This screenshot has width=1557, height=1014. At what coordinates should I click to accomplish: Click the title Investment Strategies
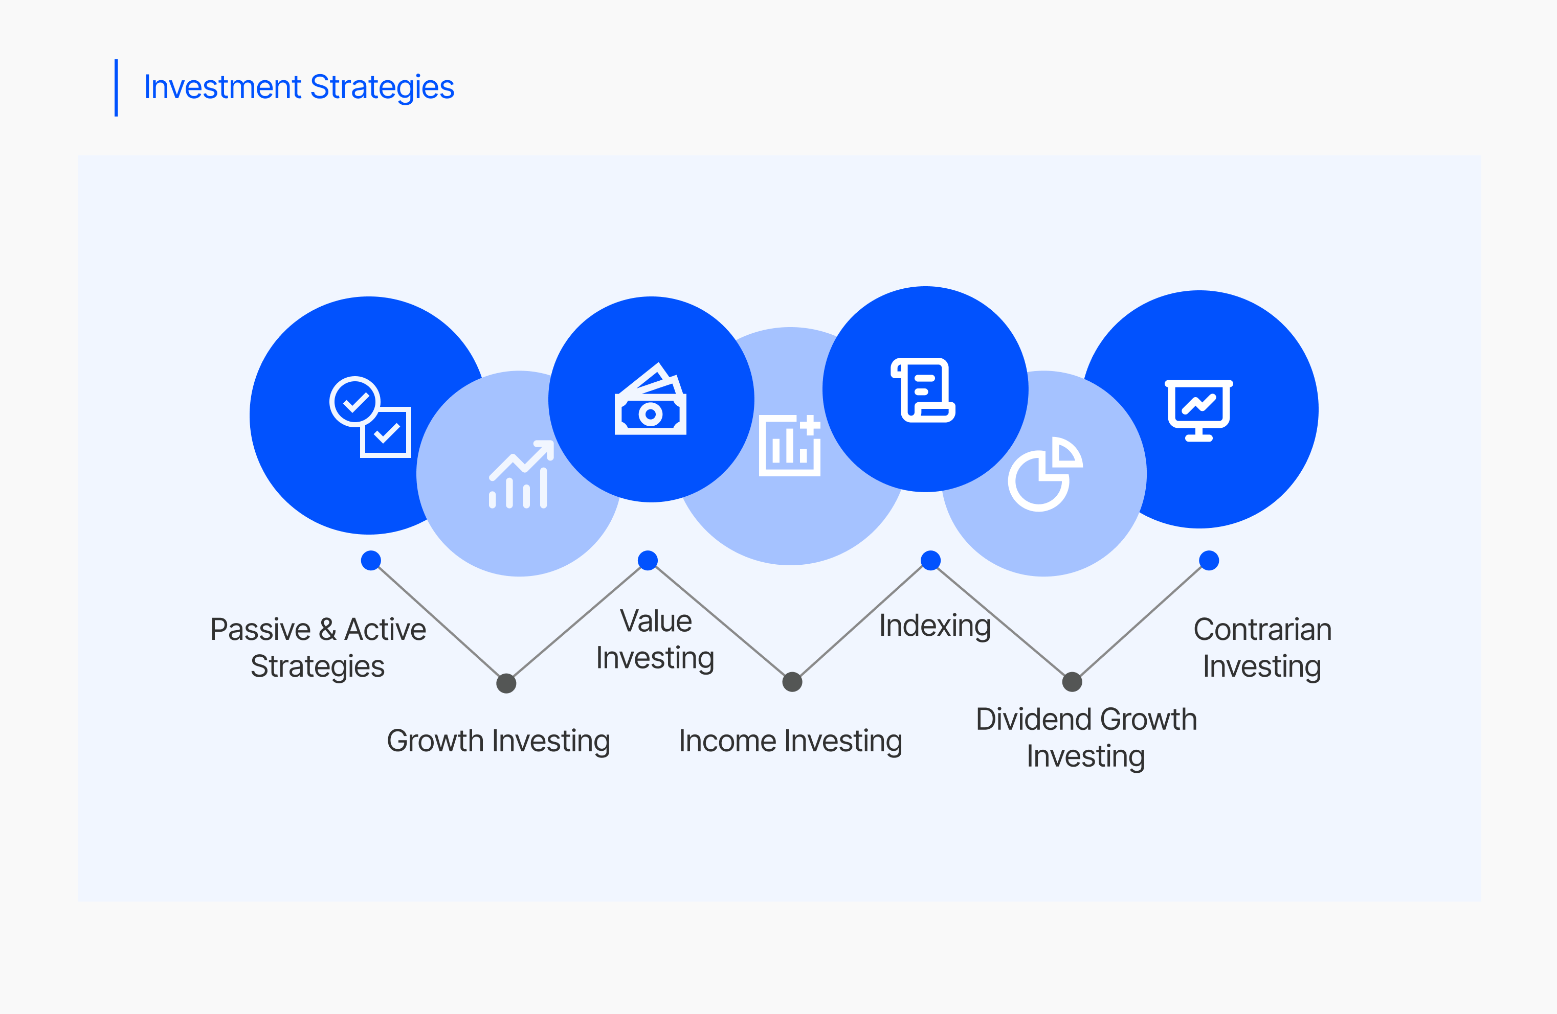click(x=299, y=87)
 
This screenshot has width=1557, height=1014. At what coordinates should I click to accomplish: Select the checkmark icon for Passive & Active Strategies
click(x=370, y=417)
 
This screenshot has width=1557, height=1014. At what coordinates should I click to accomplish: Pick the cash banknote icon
click(x=650, y=399)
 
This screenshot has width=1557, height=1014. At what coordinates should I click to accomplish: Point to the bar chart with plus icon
click(x=790, y=445)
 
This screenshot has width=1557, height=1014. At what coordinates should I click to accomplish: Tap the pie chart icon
click(x=1046, y=474)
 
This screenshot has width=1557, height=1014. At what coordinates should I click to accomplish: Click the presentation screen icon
click(x=1198, y=410)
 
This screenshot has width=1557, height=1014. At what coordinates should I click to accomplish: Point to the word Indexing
click(x=935, y=626)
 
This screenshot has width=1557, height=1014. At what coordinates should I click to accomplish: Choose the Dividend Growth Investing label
click(x=1086, y=738)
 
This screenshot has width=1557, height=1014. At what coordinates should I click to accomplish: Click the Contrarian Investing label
click(x=1262, y=648)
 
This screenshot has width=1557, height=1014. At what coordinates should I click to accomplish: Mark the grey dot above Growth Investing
click(x=506, y=683)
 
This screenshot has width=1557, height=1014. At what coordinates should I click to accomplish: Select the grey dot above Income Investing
click(x=792, y=682)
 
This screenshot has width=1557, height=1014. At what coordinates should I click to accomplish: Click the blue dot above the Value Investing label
click(x=648, y=560)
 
